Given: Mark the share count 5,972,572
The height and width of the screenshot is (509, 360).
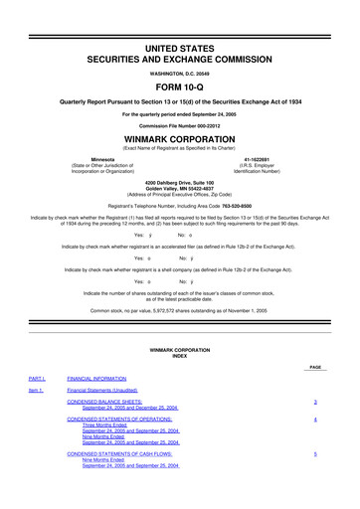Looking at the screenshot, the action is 157,311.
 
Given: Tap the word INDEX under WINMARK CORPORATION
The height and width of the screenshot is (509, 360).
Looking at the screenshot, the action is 179,358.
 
